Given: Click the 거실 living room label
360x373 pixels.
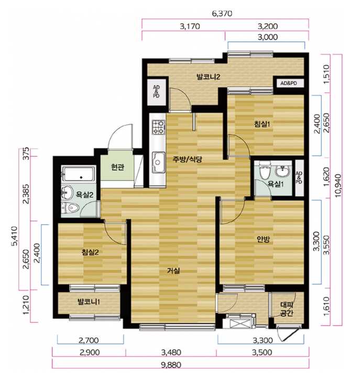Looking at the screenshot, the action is pyautogui.click(x=173, y=270).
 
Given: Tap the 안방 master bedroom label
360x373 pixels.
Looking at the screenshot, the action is pyautogui.click(x=263, y=239).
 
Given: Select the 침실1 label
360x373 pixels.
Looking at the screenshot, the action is pyautogui.click(x=262, y=124).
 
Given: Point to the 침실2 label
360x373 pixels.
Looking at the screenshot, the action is pyautogui.click(x=90, y=252).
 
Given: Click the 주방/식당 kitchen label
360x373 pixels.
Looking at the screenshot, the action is pyautogui.click(x=187, y=159).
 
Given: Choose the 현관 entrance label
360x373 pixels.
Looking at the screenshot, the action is pyautogui.click(x=117, y=168).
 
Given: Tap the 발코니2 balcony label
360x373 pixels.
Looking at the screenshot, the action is pyautogui.click(x=208, y=77).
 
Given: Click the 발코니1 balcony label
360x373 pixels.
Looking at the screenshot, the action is pyautogui.click(x=89, y=302).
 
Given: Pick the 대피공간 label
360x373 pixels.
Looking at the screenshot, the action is pyautogui.click(x=286, y=309).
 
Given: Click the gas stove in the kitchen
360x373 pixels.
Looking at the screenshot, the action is pyautogui.click(x=158, y=127).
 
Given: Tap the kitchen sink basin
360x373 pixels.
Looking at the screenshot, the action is pyautogui.click(x=158, y=162).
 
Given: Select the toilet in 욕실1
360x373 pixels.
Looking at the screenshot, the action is pyautogui.click(x=264, y=172).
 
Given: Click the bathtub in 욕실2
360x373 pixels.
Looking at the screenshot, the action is pyautogui.click(x=79, y=173).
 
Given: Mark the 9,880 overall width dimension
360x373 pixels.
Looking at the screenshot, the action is pyautogui.click(x=171, y=365).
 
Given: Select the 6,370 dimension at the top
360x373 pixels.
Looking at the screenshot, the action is pyautogui.click(x=222, y=14).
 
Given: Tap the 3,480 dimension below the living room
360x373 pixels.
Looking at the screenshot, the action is pyautogui.click(x=171, y=352).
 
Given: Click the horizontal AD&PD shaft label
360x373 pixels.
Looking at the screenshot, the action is pyautogui.click(x=289, y=83).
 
